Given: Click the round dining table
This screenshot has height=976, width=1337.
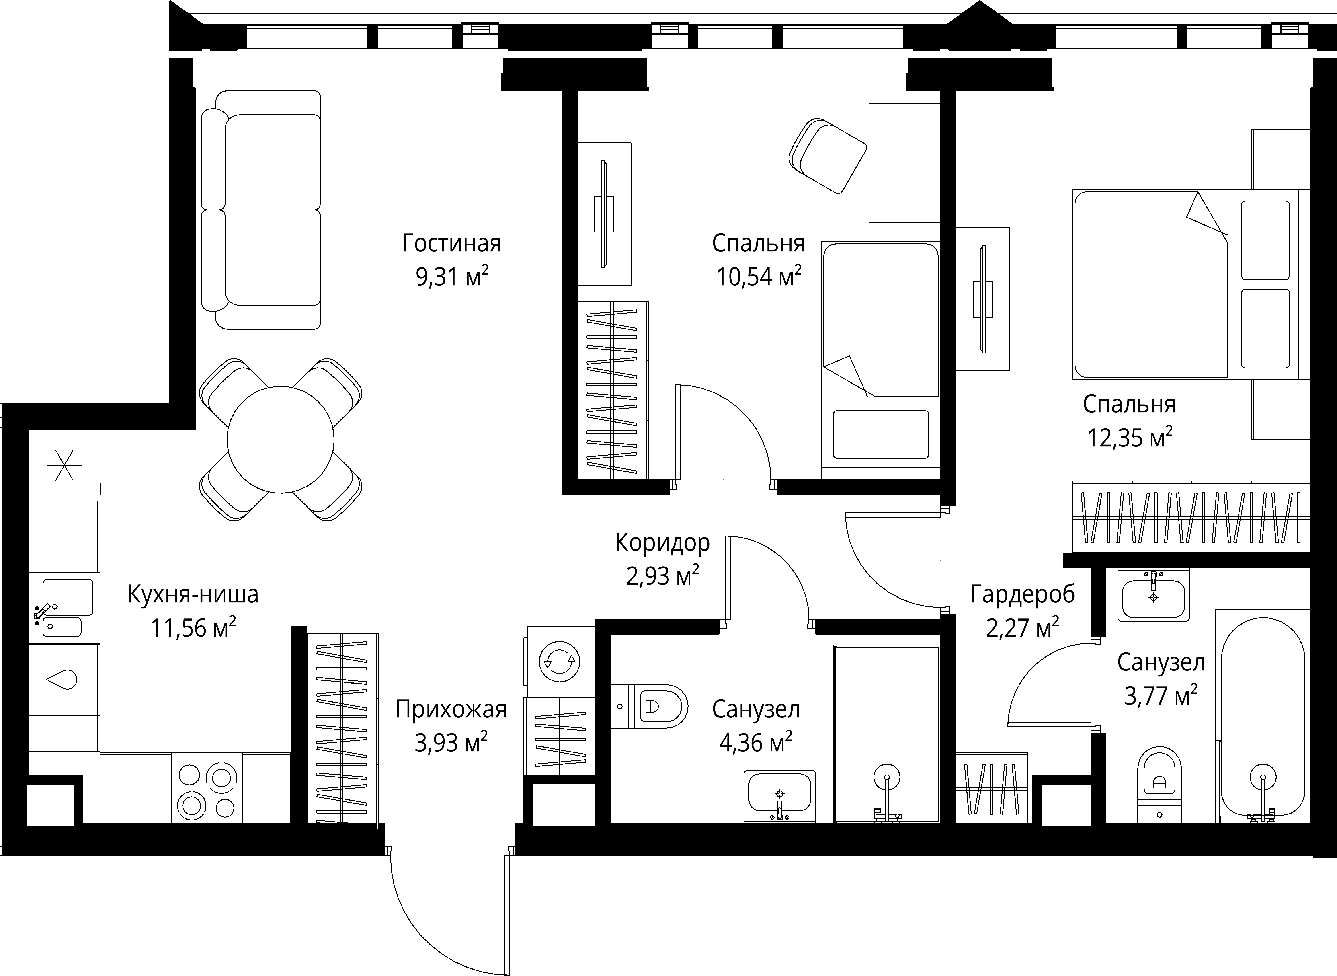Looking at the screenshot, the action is tap(281, 439).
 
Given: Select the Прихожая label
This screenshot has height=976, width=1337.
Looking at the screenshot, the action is tap(451, 709).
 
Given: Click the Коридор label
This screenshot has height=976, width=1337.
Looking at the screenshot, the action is tap(662, 542).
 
